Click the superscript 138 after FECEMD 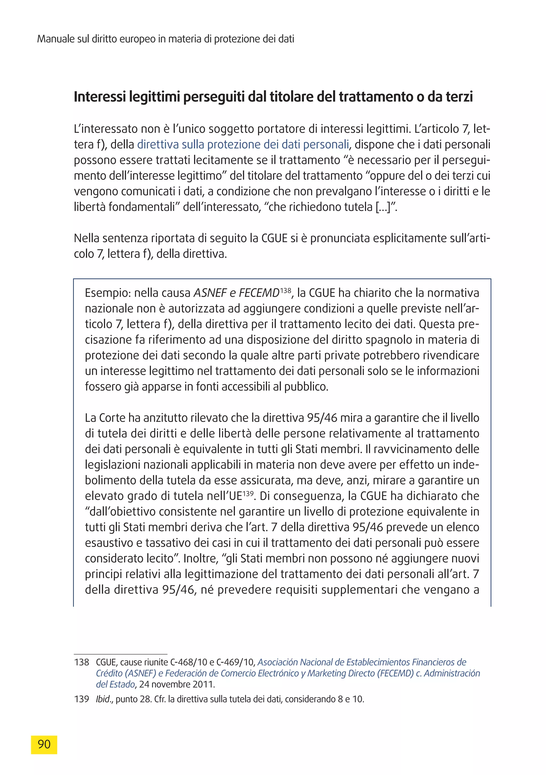tap(286, 290)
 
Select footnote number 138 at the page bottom tap(81, 662)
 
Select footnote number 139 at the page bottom tap(81, 699)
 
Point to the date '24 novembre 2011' tap(176, 685)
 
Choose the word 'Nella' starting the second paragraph tap(87, 238)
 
